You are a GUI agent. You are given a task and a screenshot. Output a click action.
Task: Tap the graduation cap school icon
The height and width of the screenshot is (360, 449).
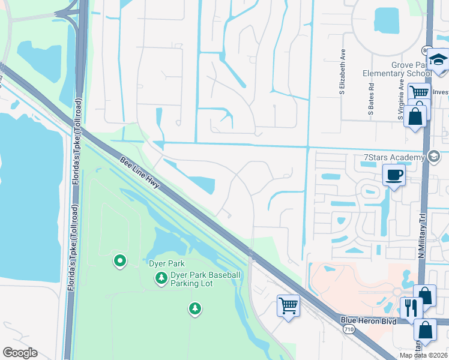click(x=439, y=61)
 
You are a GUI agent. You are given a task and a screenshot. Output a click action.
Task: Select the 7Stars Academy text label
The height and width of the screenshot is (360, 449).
click(x=394, y=158)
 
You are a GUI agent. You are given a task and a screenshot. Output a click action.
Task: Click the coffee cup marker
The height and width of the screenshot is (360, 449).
click(x=394, y=175)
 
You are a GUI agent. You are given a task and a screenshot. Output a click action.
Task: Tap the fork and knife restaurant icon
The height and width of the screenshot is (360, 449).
click(x=411, y=308)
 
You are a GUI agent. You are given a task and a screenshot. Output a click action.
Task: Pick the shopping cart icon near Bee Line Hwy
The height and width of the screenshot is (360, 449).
click(x=288, y=305)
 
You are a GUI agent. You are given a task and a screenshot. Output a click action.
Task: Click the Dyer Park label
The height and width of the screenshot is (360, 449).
click(x=166, y=263)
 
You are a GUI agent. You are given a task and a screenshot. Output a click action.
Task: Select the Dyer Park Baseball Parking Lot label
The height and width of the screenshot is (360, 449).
click(x=205, y=279)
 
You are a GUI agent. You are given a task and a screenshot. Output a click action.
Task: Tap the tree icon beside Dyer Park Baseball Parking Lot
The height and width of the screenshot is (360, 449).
click(x=161, y=278)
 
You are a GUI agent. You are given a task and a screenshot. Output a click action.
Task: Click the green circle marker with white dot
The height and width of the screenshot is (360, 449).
click(x=120, y=261)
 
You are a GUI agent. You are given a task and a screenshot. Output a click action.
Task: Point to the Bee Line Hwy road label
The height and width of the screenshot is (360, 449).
click(x=139, y=172)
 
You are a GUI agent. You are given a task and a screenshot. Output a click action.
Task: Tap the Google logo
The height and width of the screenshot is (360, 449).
click(x=20, y=353)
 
